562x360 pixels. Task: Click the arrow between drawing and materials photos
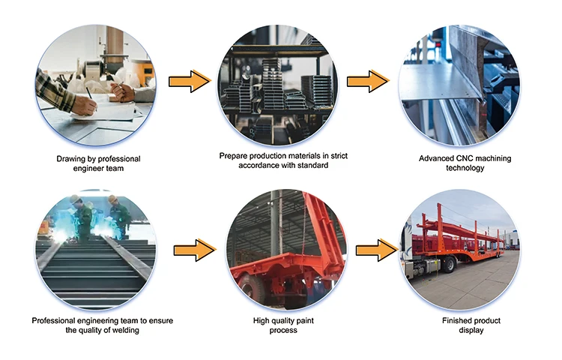[189, 80]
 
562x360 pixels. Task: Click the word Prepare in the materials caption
[234, 156]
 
